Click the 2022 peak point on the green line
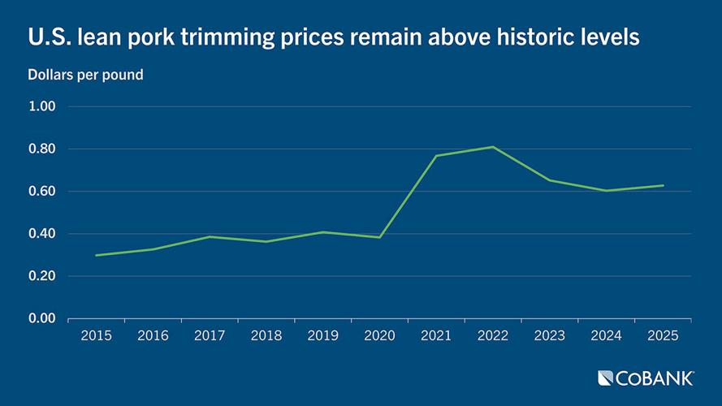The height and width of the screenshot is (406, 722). [x=493, y=147]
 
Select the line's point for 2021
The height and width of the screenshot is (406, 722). [x=436, y=156]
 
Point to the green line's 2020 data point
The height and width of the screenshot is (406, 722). [x=379, y=237]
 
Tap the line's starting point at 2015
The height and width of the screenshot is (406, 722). [x=96, y=255]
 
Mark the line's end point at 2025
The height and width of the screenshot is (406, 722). [x=663, y=185]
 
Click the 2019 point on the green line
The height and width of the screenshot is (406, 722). [x=323, y=232]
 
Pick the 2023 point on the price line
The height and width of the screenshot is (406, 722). [x=550, y=180]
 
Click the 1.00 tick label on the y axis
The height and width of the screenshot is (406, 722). [x=41, y=107]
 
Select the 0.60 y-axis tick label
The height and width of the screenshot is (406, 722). [x=41, y=192]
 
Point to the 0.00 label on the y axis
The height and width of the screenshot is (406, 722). [x=41, y=318]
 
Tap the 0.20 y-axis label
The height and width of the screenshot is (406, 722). [x=41, y=276]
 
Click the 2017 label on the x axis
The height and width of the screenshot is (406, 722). [x=210, y=335]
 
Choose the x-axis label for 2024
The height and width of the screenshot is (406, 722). [x=607, y=335]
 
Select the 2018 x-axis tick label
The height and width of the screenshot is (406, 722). [x=266, y=335]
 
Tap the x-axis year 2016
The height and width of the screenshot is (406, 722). [x=153, y=335]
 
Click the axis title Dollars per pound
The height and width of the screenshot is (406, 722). [x=85, y=75]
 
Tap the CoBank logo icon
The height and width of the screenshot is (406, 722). [x=605, y=378]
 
